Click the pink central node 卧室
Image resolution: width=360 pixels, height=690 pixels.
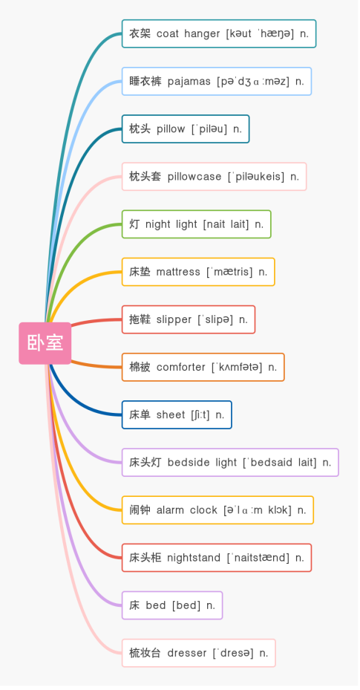click(x=45, y=343)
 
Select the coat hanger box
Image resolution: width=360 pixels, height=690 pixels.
click(x=219, y=33)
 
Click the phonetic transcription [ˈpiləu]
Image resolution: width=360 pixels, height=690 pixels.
click(x=209, y=129)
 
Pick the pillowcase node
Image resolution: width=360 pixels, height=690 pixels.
click(x=214, y=177)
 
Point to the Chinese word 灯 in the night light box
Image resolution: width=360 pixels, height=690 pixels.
click(x=134, y=224)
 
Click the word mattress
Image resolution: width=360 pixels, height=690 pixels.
click(x=178, y=272)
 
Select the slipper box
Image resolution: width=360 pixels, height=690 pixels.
click(x=188, y=319)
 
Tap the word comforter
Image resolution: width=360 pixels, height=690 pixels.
click(x=180, y=367)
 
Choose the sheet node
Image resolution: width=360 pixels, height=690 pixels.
click(x=177, y=414)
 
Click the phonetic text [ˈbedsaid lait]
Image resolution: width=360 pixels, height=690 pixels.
click(x=280, y=463)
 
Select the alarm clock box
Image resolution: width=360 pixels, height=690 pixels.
click(x=217, y=510)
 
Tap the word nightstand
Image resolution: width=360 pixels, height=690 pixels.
click(x=194, y=558)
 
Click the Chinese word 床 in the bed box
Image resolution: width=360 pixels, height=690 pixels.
click(x=134, y=605)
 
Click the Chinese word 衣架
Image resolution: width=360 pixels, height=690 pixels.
click(x=140, y=33)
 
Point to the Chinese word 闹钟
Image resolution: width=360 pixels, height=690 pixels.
click(x=140, y=510)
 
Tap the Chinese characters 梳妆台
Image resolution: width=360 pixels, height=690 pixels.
click(x=145, y=653)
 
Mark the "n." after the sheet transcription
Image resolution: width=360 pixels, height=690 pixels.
click(x=220, y=415)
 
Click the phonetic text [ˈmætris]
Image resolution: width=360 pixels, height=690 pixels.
click(x=230, y=272)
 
